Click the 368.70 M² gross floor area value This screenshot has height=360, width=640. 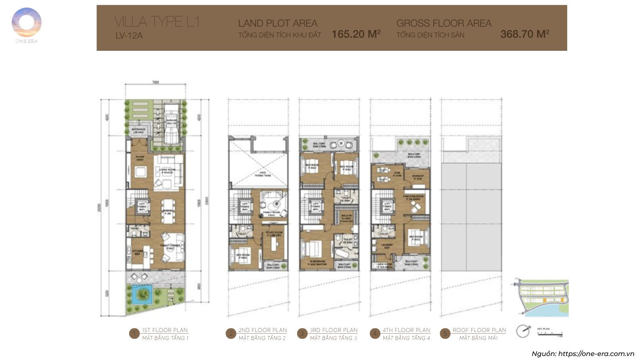[524, 34]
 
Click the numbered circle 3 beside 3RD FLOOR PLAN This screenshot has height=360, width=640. [302, 333]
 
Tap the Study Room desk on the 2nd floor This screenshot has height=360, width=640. [274, 244]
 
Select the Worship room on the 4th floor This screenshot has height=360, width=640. [418, 177]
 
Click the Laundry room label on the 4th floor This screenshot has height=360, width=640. [386, 246]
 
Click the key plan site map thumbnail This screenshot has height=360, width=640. [540, 298]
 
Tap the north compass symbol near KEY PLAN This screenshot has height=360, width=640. [522, 331]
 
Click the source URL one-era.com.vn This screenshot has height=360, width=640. [596, 354]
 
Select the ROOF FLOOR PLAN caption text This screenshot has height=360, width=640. [479, 330]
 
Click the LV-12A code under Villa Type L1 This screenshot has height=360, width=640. [129, 36]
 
